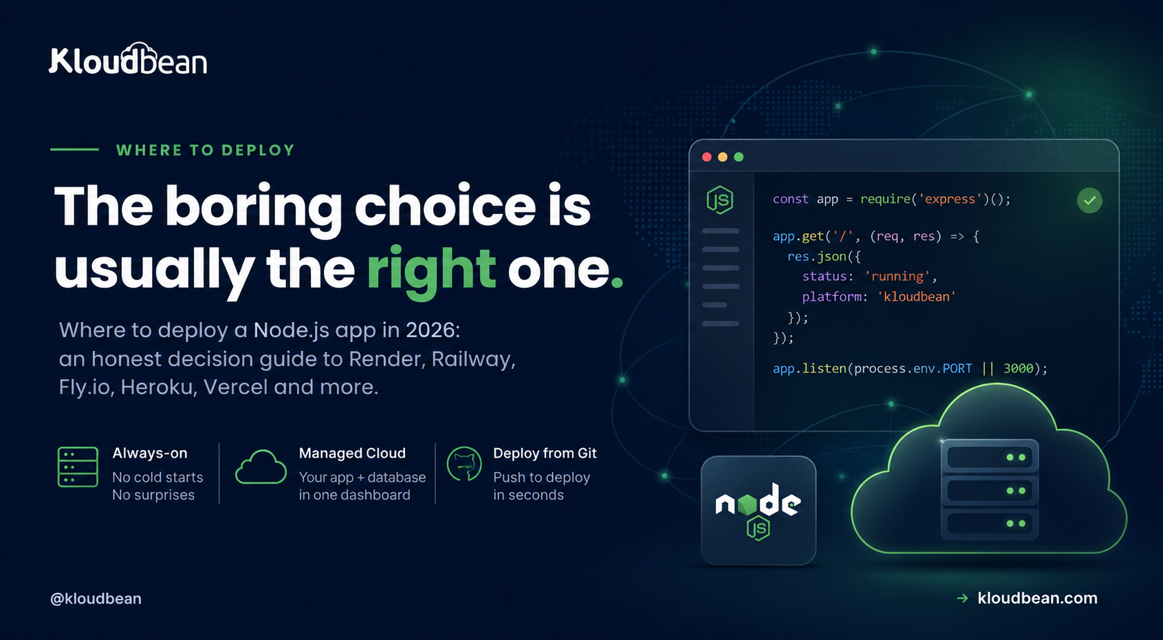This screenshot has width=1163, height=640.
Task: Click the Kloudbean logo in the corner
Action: point(128,58)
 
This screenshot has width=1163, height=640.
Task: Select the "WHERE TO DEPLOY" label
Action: point(206,150)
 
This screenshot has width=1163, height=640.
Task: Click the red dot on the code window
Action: point(706,157)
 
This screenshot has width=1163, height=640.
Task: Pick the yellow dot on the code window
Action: point(723,157)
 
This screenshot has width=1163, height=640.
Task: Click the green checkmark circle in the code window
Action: point(1089,200)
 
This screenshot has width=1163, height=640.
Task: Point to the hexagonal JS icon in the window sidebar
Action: point(719,200)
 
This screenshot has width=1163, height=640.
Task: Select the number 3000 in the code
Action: point(1018,368)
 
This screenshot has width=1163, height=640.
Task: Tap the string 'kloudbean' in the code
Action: point(916,297)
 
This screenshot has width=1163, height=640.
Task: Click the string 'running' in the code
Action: point(897,276)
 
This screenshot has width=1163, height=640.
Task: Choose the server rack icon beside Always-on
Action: point(78,467)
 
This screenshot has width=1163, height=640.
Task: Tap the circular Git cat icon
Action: point(464,464)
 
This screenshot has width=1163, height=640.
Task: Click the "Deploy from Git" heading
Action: point(545,454)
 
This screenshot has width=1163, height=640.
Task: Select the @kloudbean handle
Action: point(96,599)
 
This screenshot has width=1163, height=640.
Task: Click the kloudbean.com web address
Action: point(1037,598)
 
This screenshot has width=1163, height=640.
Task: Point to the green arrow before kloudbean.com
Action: point(963,599)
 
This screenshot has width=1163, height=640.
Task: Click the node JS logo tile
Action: point(758,510)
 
